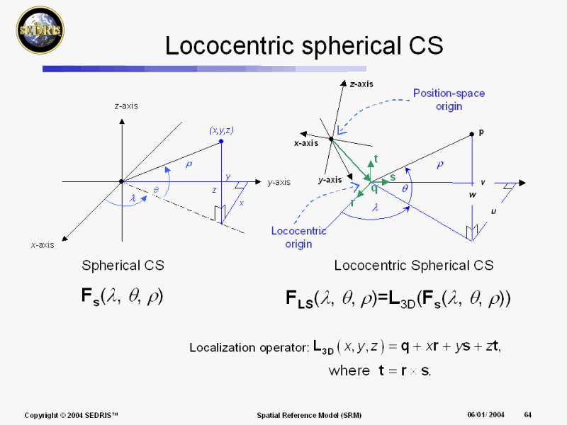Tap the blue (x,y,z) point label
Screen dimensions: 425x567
click(221, 130)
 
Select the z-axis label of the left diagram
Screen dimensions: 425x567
click(126, 106)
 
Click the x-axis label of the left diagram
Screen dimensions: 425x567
click(43, 245)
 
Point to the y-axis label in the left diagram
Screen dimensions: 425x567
click(279, 182)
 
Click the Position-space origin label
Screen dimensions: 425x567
click(449, 99)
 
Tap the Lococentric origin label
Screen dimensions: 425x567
click(299, 237)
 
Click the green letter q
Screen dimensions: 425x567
click(374, 188)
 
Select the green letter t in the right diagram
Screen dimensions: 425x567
click(376, 159)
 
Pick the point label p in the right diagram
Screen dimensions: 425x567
click(482, 132)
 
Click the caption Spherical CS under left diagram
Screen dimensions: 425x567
click(123, 266)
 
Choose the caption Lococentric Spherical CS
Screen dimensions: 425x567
click(414, 266)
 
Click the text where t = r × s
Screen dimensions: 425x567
click(380, 370)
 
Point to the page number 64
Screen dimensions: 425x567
click(528, 414)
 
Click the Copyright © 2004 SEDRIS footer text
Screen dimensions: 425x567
click(71, 414)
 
